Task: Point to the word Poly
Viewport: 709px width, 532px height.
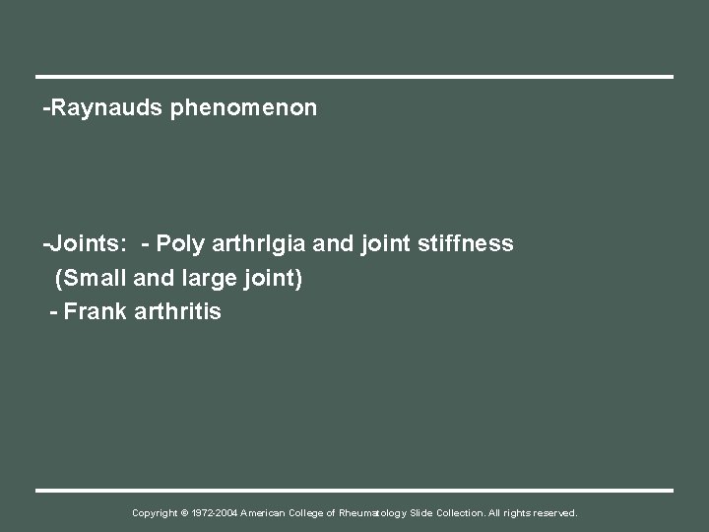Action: [x=179, y=243]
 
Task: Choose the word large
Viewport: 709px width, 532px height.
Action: [x=206, y=279]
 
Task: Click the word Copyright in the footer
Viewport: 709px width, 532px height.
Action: [x=156, y=513]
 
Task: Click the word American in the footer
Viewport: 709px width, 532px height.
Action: [x=269, y=513]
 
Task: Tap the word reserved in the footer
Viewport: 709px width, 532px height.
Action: [x=554, y=513]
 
